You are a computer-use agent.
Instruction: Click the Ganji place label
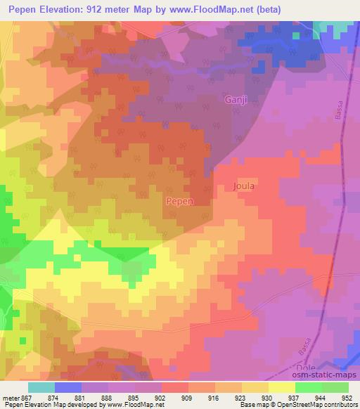pyautogui.click(x=236, y=100)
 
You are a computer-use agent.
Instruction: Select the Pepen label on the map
pyautogui.click(x=179, y=201)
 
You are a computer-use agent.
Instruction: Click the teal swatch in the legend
pyautogui.click(x=41, y=387)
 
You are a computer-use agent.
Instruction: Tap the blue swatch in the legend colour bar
pyautogui.click(x=68, y=387)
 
